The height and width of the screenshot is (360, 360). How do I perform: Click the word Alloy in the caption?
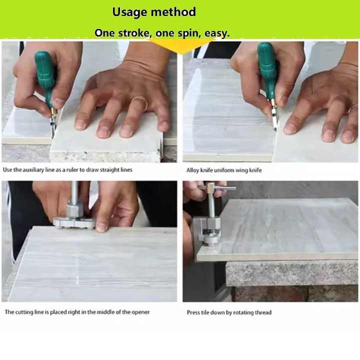(x=194, y=170)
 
